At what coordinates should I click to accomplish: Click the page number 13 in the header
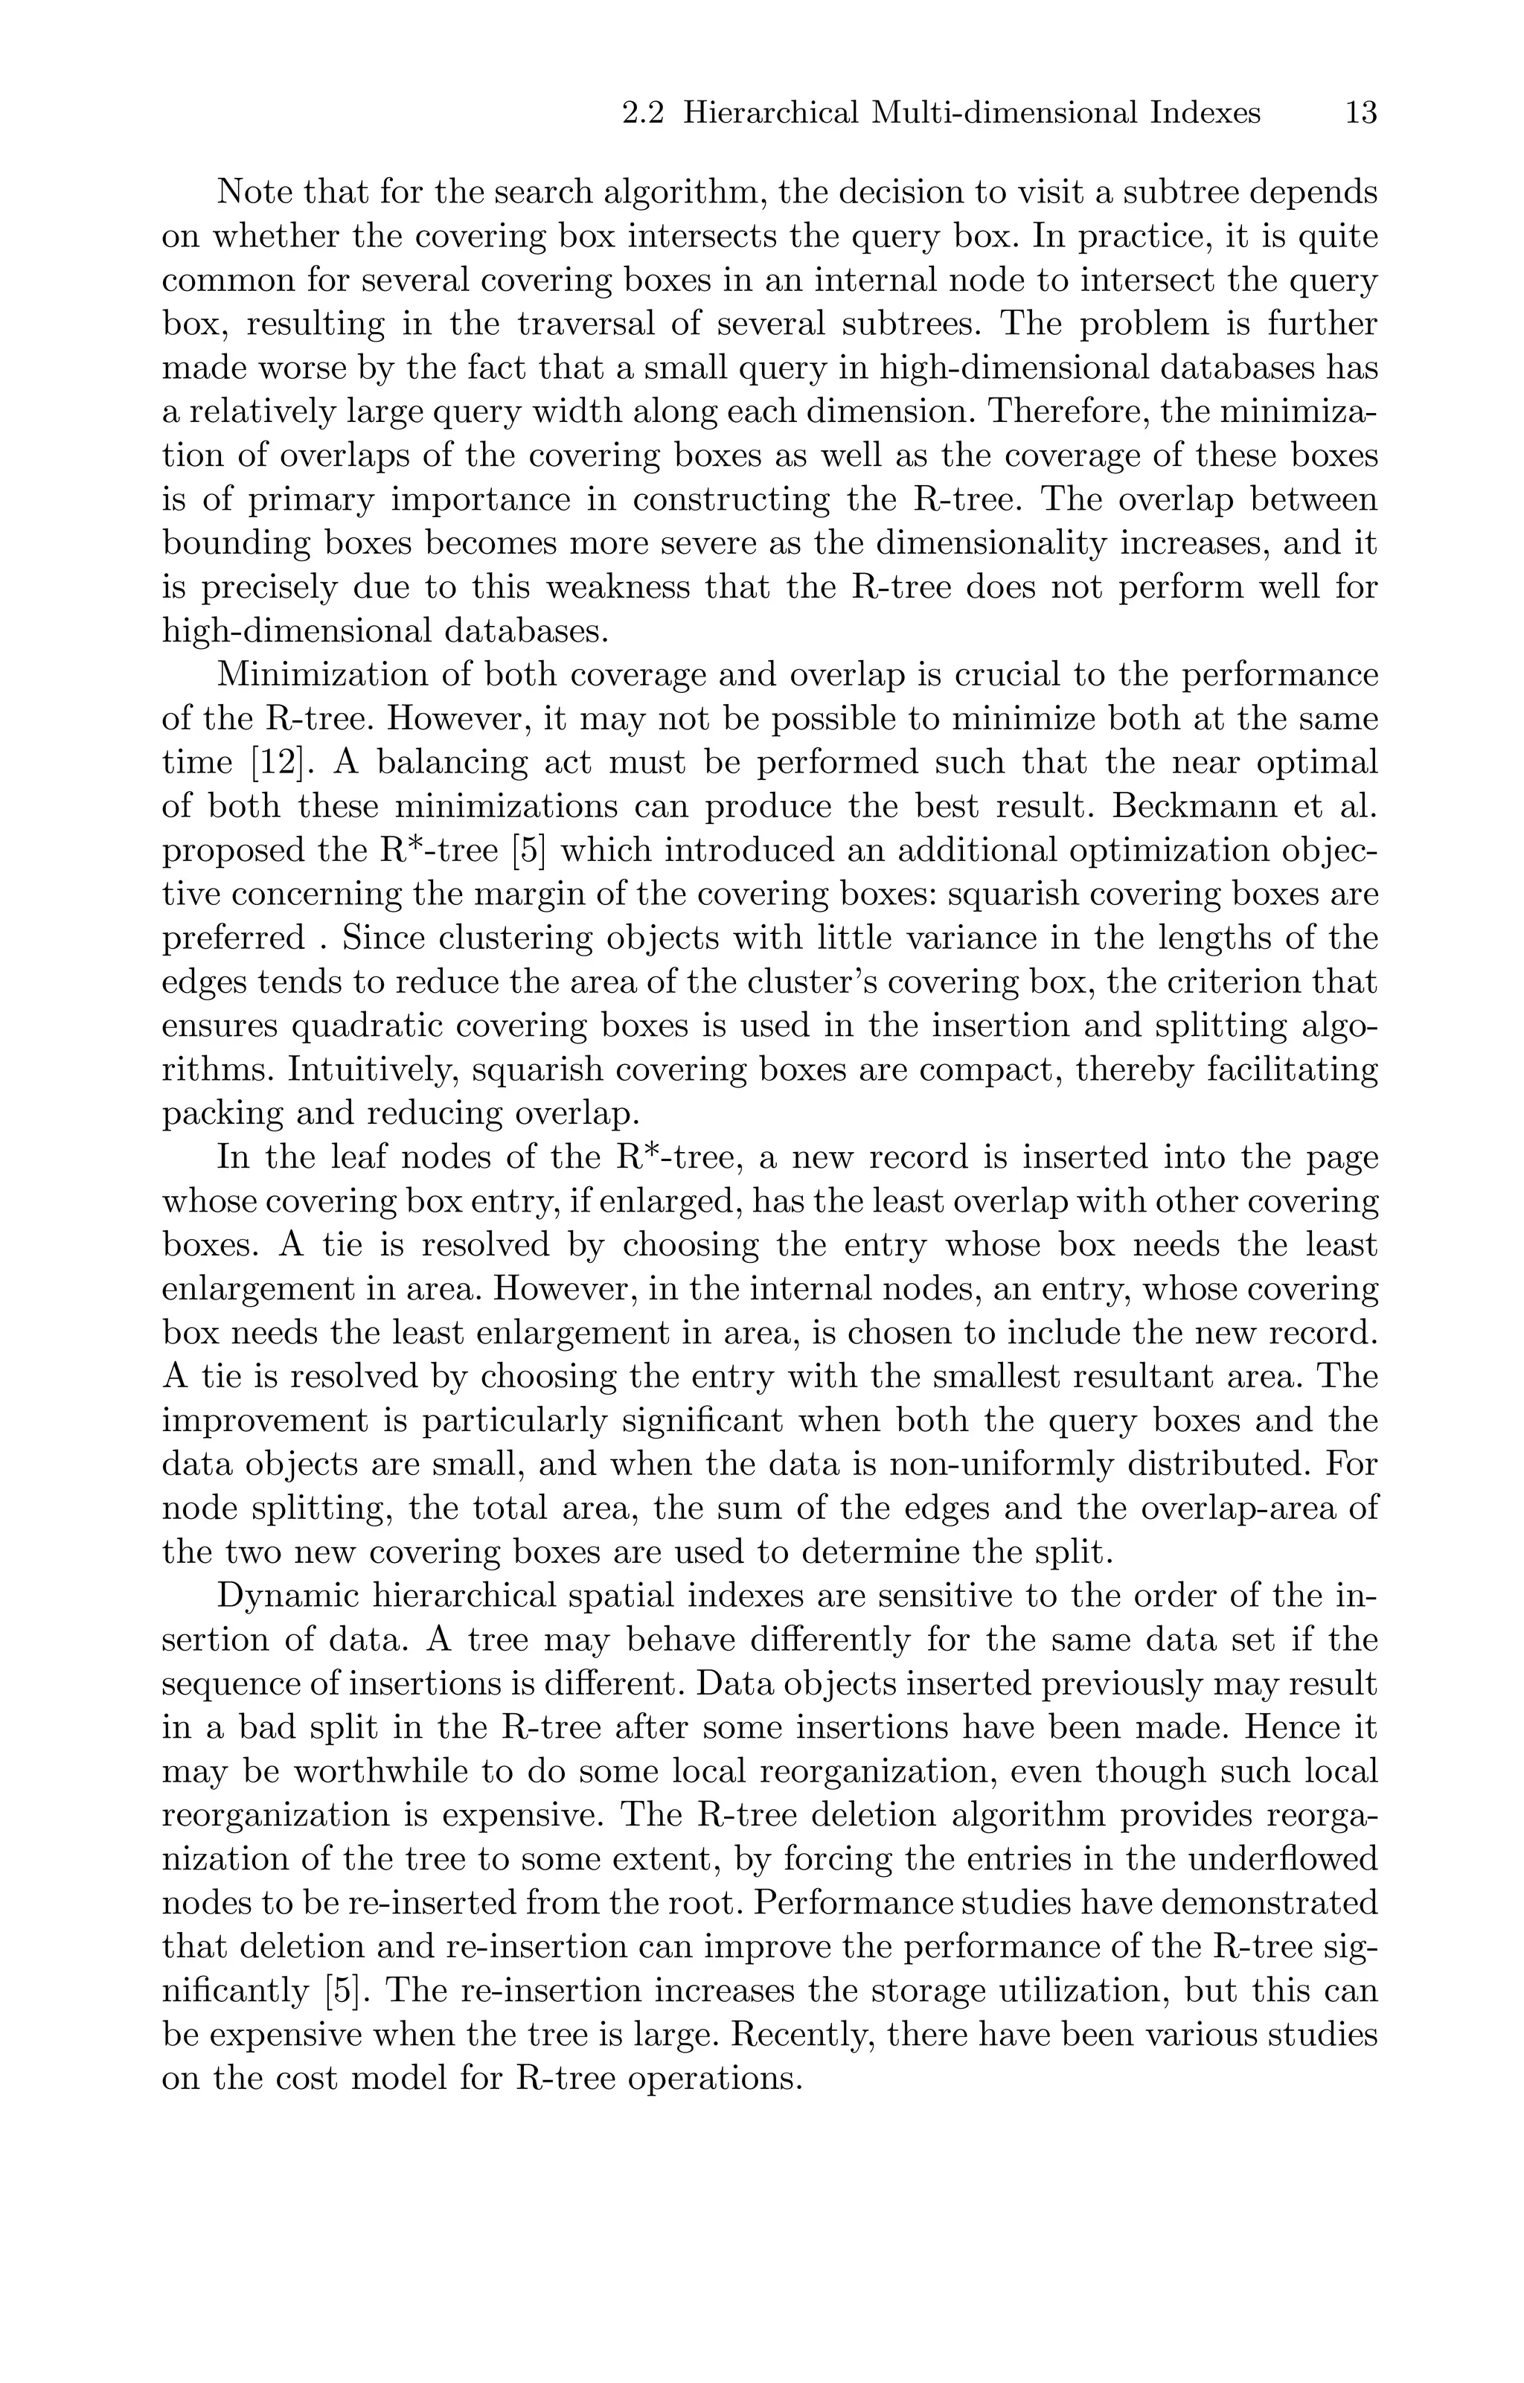(1361, 114)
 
